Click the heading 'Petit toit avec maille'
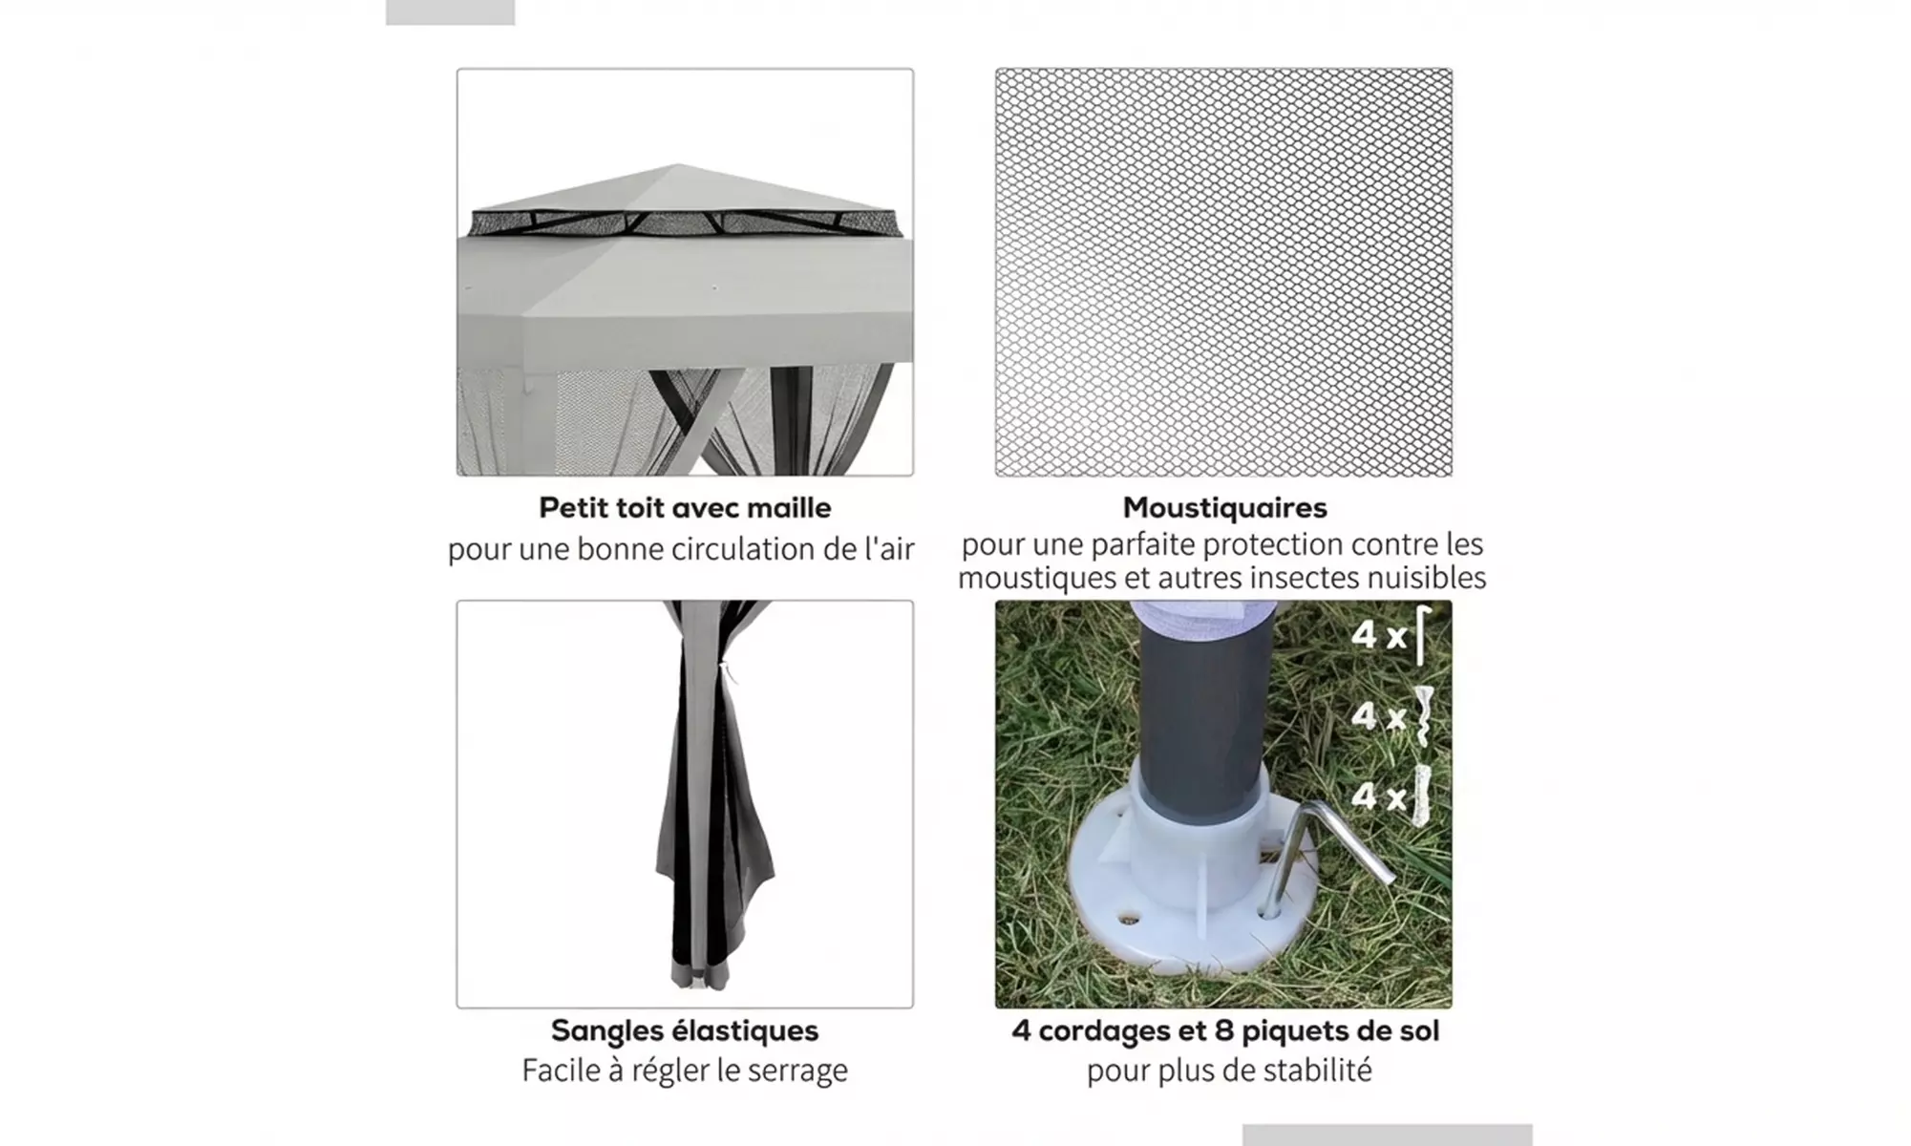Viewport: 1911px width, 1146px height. pyautogui.click(x=685, y=507)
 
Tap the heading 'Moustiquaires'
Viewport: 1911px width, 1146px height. pyautogui.click(x=1224, y=507)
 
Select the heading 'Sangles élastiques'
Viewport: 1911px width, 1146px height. pyautogui.click(x=685, y=1030)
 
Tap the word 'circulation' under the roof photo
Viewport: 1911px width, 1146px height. pyautogui.click(x=740, y=549)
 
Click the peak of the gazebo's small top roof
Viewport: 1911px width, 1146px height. pyautogui.click(x=679, y=164)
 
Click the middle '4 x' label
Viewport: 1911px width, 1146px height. pyautogui.click(x=1378, y=715)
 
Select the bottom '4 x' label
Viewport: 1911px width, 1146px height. pyautogui.click(x=1378, y=796)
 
